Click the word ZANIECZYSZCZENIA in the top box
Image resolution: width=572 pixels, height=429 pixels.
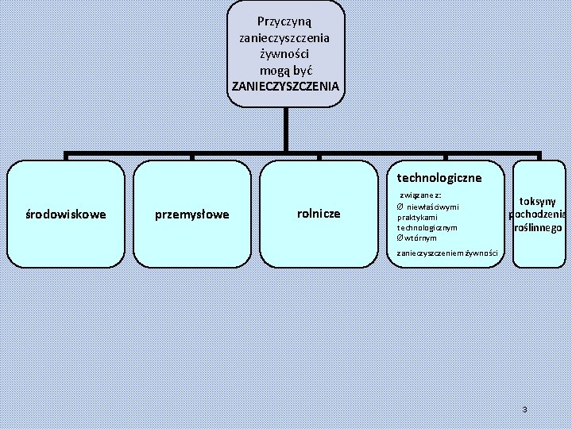(x=285, y=85)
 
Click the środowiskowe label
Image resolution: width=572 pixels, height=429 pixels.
(x=66, y=214)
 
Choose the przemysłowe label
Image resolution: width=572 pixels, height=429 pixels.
(x=192, y=214)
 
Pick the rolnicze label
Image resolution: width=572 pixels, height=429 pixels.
(x=318, y=213)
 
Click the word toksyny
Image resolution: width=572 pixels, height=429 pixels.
(x=538, y=202)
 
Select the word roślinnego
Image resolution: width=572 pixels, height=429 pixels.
(x=539, y=227)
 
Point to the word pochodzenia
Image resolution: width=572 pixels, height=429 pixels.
(x=538, y=214)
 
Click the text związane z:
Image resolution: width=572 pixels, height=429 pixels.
(x=421, y=195)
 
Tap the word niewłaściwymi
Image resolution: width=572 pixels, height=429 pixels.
(x=433, y=207)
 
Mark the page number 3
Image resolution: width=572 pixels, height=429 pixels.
(x=524, y=409)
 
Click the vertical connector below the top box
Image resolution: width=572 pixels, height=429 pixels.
(x=285, y=129)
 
